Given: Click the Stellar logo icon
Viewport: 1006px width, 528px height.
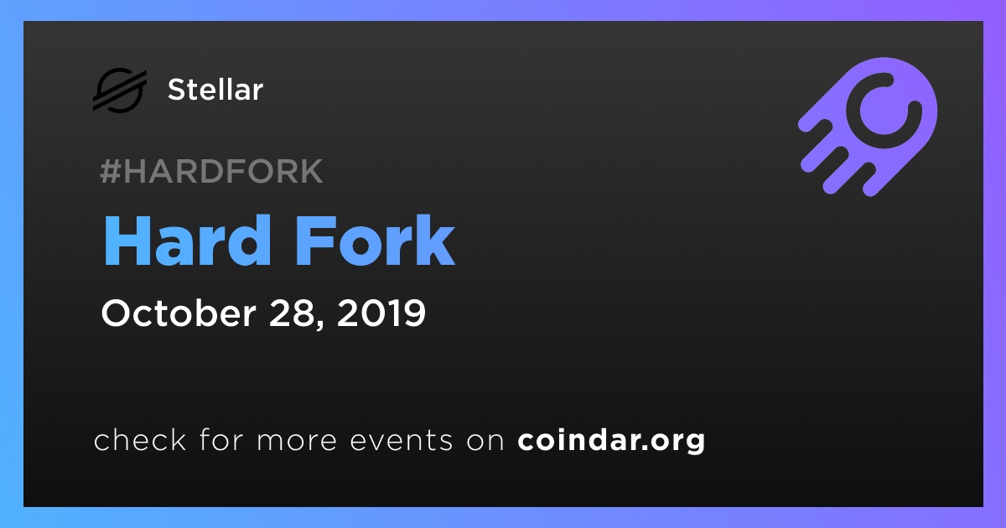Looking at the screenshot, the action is click(x=120, y=90).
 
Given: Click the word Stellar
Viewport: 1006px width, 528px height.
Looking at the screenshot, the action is click(x=215, y=90).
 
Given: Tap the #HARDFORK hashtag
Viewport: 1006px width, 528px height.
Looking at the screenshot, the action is click(x=211, y=171).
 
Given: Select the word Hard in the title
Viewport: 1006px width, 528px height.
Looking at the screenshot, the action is click(x=187, y=241).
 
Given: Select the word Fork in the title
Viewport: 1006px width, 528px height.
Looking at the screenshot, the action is click(x=376, y=241).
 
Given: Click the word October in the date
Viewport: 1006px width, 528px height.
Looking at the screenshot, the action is click(x=179, y=313).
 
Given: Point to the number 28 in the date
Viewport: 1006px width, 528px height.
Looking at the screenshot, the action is click(x=291, y=313).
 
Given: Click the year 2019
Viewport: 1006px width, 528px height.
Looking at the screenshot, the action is click(x=381, y=313).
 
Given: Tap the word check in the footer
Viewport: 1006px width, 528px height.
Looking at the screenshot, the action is click(x=140, y=439).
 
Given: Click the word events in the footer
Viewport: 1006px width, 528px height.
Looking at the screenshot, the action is click(x=402, y=440).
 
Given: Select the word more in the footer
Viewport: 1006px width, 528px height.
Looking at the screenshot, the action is click(x=297, y=441).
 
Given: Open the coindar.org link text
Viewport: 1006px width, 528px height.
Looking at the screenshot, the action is click(x=611, y=441).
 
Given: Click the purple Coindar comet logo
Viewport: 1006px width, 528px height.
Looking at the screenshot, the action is click(x=868, y=127).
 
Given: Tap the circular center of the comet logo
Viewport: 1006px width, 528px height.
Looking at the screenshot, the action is click(x=884, y=111).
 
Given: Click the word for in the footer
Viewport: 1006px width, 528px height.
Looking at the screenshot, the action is click(x=221, y=439).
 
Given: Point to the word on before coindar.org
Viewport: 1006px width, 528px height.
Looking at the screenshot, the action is click(x=485, y=441).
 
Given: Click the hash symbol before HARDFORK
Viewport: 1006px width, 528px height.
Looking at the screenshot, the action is click(x=110, y=171).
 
